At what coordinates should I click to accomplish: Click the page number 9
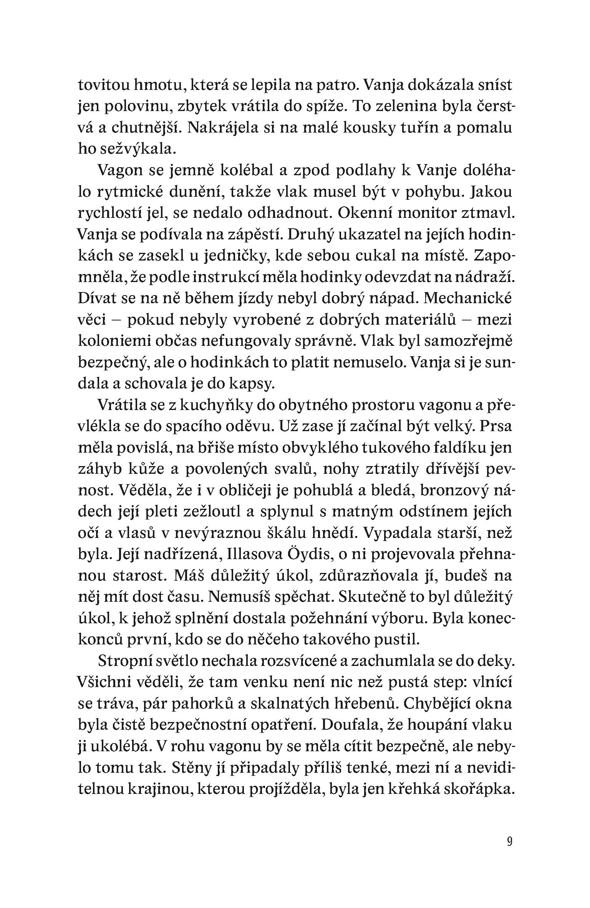(x=509, y=841)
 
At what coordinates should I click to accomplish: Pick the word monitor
(x=431, y=213)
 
